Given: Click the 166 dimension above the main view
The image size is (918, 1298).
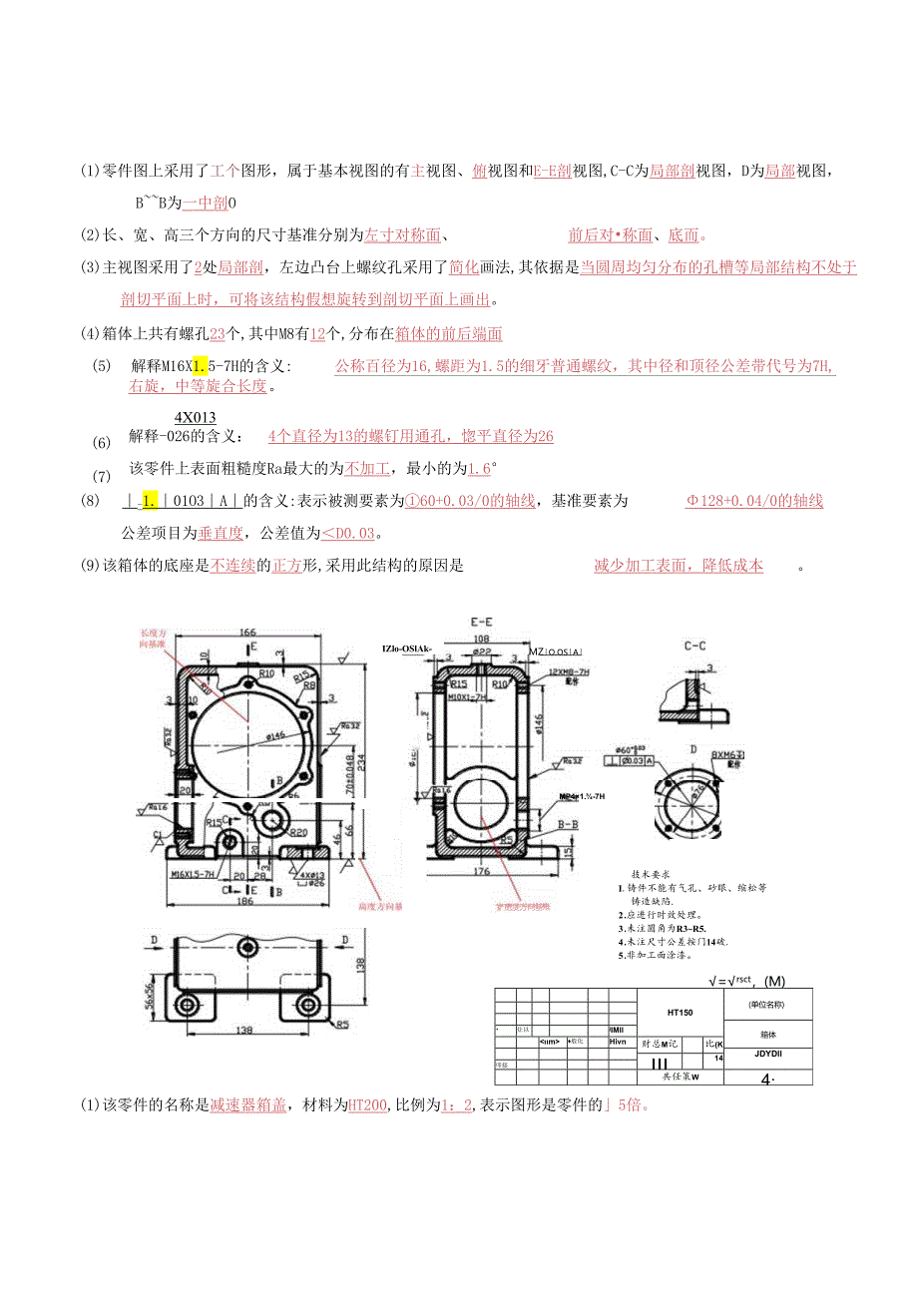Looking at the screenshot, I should [247, 633].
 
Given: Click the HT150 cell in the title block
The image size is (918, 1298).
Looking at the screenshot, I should [681, 1012].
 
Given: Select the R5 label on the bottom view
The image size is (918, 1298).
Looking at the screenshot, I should [341, 1024].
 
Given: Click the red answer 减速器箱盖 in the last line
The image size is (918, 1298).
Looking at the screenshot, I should [248, 1105].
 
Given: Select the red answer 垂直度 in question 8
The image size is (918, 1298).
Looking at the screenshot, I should [216, 532].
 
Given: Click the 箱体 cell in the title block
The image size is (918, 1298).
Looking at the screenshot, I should [767, 1034].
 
